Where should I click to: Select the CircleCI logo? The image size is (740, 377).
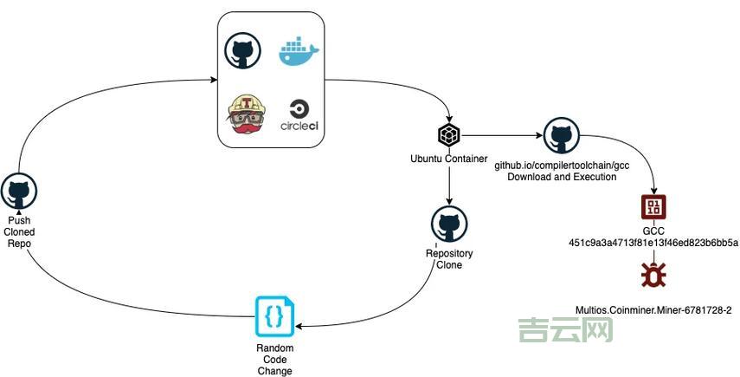click(x=299, y=116)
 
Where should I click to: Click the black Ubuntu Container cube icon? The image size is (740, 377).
click(x=448, y=135)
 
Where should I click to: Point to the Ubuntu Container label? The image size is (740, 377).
click(x=448, y=159)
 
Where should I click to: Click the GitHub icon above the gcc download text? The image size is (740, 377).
click(x=561, y=136)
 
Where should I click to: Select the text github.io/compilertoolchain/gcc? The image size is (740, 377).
click(x=561, y=165)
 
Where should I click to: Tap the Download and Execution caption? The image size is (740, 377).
click(x=561, y=177)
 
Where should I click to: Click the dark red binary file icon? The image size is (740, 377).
click(x=653, y=207)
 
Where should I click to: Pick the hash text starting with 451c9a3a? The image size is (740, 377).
click(x=653, y=242)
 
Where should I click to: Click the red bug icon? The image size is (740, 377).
click(x=653, y=276)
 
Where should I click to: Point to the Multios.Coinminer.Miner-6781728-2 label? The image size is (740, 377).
click(x=653, y=309)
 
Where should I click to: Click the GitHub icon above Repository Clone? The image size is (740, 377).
click(x=449, y=224)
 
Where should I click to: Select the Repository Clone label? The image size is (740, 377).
click(x=449, y=259)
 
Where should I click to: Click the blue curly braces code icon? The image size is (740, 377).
click(x=273, y=316)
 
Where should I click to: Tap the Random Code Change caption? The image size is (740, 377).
click(x=274, y=360)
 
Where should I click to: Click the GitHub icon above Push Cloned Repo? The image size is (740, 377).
click(x=19, y=191)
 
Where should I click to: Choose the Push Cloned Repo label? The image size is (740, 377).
click(x=19, y=231)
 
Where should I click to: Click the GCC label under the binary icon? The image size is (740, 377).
click(x=653, y=231)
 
